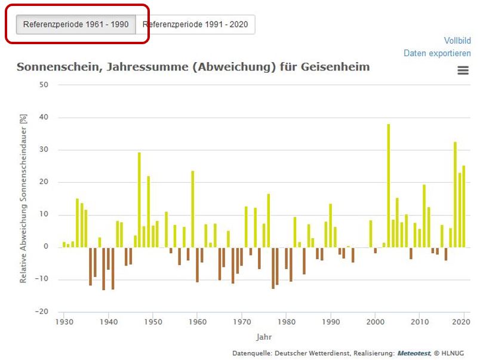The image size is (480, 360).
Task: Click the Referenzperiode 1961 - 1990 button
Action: point(76,25)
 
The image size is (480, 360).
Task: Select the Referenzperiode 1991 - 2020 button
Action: point(196,25)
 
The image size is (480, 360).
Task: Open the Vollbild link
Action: point(457,41)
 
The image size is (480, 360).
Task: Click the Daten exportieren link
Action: point(437,53)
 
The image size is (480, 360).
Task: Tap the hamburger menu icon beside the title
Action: point(463,70)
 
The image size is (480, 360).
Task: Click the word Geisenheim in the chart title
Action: point(336,66)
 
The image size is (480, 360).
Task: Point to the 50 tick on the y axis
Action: point(44,85)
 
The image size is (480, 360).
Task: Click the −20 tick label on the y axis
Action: point(42,312)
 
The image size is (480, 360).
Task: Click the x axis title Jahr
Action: point(263,337)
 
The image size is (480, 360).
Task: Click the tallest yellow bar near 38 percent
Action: point(388,185)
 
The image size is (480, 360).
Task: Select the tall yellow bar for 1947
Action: point(139,199)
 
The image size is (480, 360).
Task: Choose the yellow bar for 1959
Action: point(193,208)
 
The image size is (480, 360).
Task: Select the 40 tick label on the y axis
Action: point(44,117)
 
